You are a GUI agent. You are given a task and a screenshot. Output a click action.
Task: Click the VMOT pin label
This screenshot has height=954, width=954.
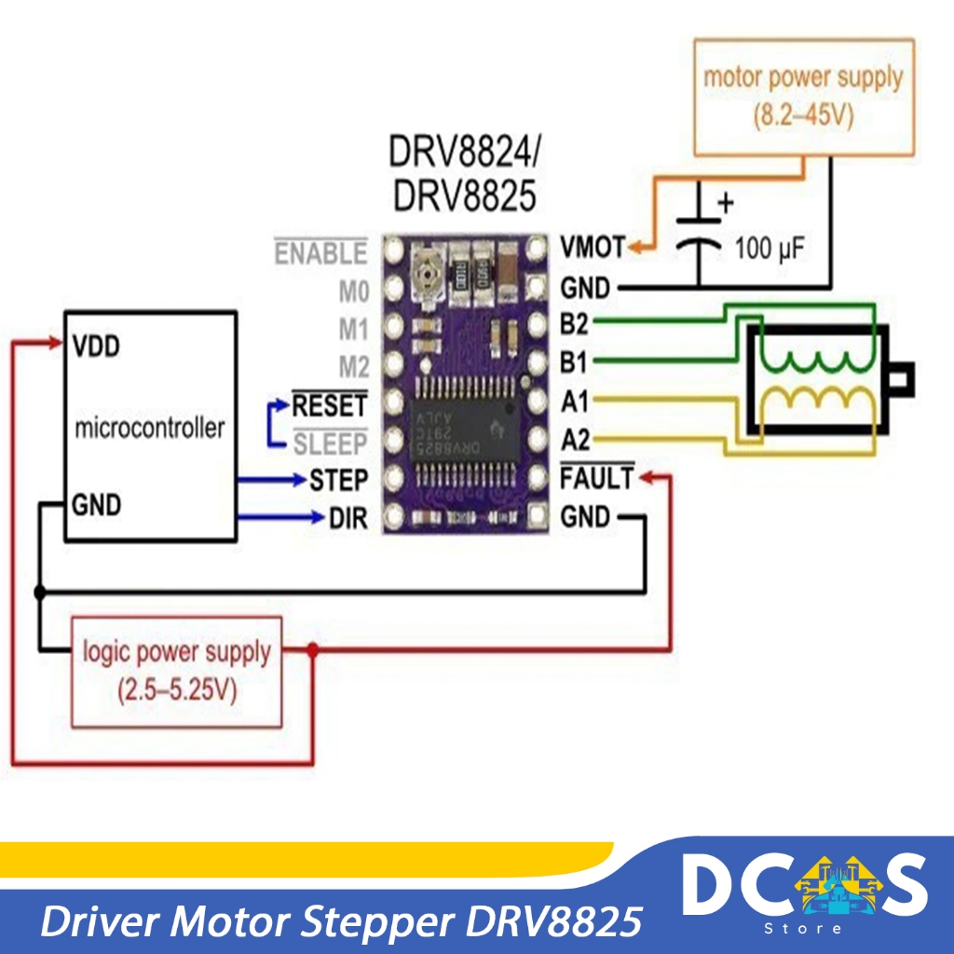pos(593,249)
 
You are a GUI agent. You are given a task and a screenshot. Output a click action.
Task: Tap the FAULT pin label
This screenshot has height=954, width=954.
pos(596,479)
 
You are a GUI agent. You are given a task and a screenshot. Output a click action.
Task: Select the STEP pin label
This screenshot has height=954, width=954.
pos(339,480)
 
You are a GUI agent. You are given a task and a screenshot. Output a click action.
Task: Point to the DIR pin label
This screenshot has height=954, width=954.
pos(349,517)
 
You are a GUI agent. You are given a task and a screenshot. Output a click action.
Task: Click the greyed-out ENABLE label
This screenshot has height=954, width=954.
pos(320,253)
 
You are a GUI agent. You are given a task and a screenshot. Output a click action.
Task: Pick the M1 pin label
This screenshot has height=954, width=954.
pos(353,330)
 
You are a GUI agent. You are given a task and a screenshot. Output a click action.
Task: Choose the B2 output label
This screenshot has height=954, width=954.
pos(575,323)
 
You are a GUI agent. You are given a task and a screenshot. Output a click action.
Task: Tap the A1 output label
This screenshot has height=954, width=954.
pos(575,402)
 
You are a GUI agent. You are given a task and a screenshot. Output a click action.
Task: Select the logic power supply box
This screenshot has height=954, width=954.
pos(176,671)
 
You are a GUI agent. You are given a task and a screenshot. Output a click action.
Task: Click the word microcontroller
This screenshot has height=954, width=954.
pos(149,429)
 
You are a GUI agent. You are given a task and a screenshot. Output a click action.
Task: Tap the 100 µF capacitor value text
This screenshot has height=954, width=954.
pos(769,250)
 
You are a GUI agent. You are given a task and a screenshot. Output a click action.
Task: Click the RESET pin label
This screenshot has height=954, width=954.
pos(330,405)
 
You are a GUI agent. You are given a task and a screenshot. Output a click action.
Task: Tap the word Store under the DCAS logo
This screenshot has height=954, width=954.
pos(802,928)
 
